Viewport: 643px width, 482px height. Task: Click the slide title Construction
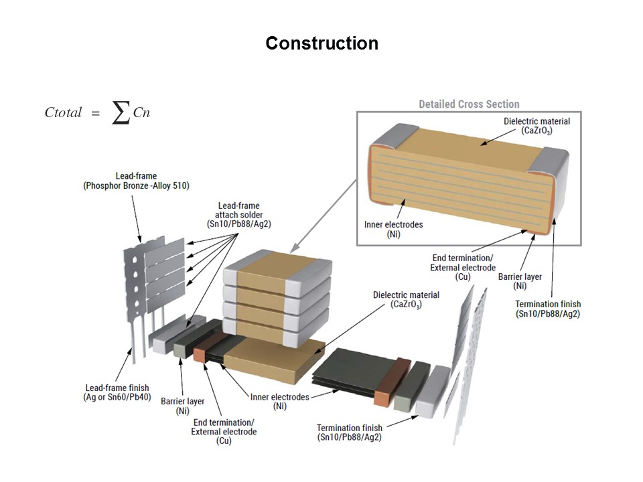click(x=321, y=44)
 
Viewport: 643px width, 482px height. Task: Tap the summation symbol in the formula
click(x=121, y=113)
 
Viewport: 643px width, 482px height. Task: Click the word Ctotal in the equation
click(x=63, y=113)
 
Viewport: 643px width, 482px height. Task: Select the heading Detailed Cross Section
click(x=469, y=104)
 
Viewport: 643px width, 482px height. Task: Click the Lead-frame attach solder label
click(x=238, y=216)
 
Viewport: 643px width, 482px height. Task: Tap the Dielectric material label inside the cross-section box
click(x=537, y=126)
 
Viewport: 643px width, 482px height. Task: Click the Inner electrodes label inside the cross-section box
click(x=393, y=229)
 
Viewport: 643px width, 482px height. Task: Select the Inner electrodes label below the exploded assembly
click(x=280, y=402)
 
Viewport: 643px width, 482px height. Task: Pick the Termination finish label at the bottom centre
click(x=350, y=432)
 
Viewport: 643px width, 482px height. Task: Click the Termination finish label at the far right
click(x=547, y=309)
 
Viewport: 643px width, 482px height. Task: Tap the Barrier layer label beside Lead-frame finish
click(x=183, y=406)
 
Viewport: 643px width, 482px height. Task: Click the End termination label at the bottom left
click(x=224, y=432)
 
